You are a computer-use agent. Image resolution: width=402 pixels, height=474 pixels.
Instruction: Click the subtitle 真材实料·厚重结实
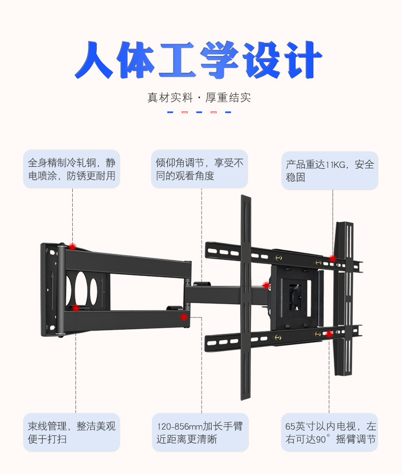tap(199, 98)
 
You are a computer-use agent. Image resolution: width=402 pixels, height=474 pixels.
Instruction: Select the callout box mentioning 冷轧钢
tap(71, 169)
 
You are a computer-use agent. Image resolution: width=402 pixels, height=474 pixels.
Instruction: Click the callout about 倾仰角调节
tap(199, 169)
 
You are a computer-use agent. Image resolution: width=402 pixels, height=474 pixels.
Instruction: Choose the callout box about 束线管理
tap(71, 432)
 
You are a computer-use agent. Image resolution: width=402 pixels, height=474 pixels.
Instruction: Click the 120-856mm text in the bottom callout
tap(180, 426)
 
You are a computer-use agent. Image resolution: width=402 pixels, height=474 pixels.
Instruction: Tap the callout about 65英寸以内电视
tap(329, 432)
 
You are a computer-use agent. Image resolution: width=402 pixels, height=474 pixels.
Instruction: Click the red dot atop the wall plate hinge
tap(73, 246)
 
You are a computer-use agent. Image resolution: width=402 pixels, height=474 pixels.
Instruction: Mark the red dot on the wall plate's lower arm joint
tap(75, 308)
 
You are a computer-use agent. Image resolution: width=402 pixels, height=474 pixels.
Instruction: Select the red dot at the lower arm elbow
tap(184, 317)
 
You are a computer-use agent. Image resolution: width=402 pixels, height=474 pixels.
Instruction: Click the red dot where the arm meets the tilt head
tap(266, 286)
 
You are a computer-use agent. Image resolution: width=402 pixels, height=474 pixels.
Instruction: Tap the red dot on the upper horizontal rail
tap(332, 258)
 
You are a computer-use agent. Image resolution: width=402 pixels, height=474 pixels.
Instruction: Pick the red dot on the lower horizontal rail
tap(330, 334)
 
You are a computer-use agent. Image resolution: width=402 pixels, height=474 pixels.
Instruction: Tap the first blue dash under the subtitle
tap(170, 112)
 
